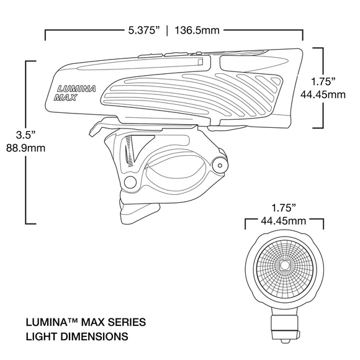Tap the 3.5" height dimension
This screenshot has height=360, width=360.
pyautogui.click(x=14, y=135)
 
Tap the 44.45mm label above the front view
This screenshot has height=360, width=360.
pyautogui.click(x=284, y=220)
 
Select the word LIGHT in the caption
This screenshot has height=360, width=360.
pyautogui.click(x=39, y=337)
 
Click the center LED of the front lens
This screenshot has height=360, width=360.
pyautogui.click(x=284, y=265)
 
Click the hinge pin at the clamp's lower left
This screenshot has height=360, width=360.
pyautogui.click(x=129, y=181)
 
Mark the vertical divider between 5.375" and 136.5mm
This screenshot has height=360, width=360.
pyautogui.click(x=167, y=29)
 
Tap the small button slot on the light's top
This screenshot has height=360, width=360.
pyautogui.click(x=200, y=62)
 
